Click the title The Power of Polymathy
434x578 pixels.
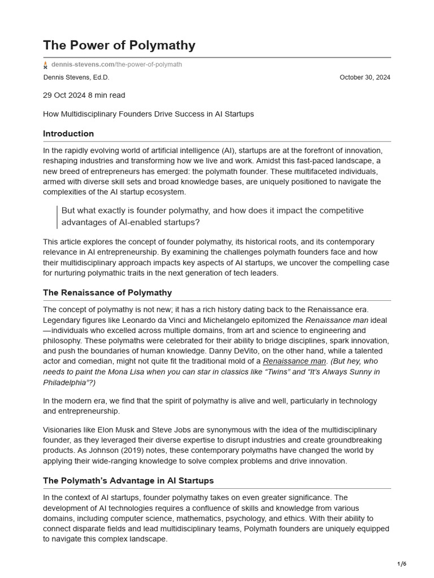119,45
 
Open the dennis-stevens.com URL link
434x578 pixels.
116,64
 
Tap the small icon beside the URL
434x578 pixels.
46,65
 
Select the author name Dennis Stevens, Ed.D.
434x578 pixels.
76,77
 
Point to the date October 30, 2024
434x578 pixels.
364,77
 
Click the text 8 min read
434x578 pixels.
107,95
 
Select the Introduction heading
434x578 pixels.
68,134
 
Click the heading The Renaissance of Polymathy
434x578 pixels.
107,292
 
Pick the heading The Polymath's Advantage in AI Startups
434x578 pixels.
128,480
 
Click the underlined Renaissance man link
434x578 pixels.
294,361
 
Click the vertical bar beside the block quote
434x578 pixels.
57,216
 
